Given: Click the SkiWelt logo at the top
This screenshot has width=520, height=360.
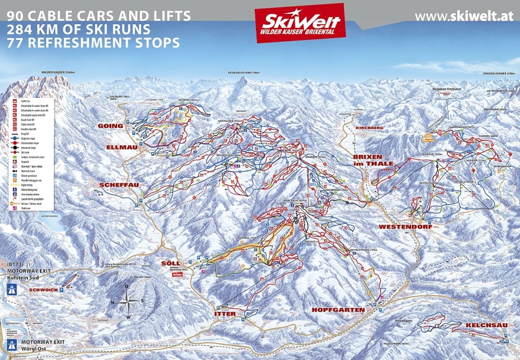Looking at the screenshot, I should pos(300,23).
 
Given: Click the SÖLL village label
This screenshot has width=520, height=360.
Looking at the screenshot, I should pos(170,262).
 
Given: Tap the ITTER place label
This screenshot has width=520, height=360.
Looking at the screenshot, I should pos(225,314).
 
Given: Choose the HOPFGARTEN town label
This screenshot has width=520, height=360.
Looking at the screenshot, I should pos(338,310).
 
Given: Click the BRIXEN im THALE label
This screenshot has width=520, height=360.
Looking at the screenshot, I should pos(373,159).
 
